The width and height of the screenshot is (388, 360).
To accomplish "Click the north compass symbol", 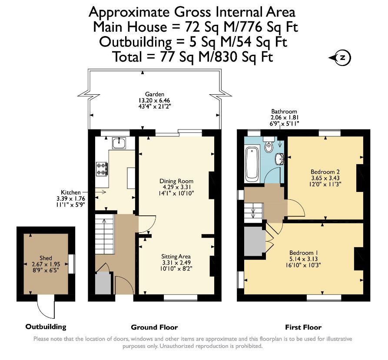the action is click(x=340, y=58).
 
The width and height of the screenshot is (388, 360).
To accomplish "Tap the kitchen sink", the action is click(x=119, y=143).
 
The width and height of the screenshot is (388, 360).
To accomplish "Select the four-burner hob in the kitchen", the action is click(x=102, y=168).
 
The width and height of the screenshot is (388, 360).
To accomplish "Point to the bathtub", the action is click(x=252, y=163).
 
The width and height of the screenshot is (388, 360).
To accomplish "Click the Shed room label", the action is click(x=46, y=258).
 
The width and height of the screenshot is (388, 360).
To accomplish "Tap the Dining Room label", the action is click(x=176, y=181).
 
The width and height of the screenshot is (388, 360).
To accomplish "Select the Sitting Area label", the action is click(x=176, y=256).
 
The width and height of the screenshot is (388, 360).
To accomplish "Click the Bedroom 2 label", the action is click(x=325, y=172).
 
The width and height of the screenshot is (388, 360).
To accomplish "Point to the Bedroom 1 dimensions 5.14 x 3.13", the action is click(x=303, y=259).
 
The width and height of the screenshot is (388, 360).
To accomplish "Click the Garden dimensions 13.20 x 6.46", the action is click(x=154, y=100).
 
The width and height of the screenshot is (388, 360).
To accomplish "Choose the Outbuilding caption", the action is click(x=46, y=327).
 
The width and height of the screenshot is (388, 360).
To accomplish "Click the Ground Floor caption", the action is click(x=154, y=327).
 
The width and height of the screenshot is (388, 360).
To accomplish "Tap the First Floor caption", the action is click(x=303, y=327).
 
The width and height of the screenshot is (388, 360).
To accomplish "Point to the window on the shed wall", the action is click(x=71, y=264).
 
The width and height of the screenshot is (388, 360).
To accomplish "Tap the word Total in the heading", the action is click(x=127, y=56).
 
